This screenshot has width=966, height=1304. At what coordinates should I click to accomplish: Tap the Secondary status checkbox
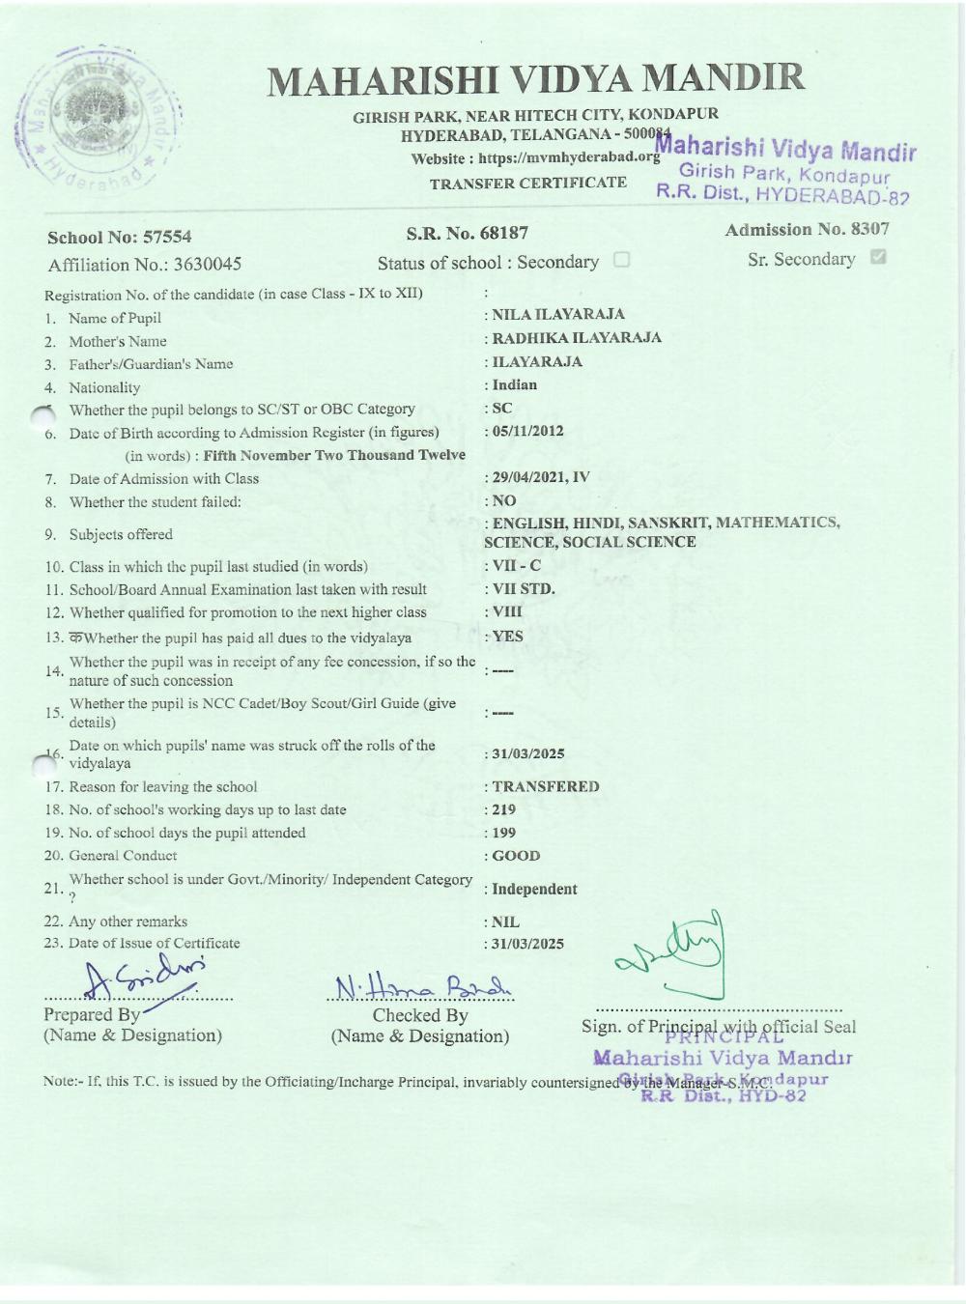pos(621,260)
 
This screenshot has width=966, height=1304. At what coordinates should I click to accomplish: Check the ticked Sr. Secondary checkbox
pos(878,258)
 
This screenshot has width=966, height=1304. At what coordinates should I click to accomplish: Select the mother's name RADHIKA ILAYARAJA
pos(577,337)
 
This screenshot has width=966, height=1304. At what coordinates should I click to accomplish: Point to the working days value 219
pos(504,809)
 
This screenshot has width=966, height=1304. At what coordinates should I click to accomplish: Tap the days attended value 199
pos(504,833)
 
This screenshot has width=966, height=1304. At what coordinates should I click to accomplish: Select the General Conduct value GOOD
pos(517,856)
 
